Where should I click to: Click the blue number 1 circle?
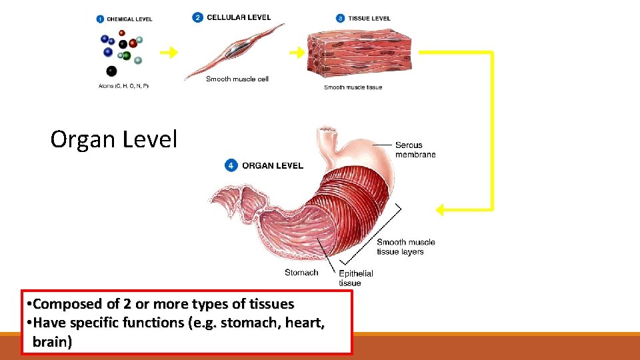(99, 19)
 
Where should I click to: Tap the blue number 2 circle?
(197, 17)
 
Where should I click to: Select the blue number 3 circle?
(341, 18)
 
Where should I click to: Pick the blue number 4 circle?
(231, 165)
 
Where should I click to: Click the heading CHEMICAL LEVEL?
(129, 19)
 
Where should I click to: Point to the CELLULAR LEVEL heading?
(239, 17)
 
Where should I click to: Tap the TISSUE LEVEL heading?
(369, 18)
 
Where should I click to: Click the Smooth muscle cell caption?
(237, 79)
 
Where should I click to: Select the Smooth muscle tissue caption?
(353, 87)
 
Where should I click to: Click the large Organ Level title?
(114, 139)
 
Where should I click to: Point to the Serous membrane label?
(415, 149)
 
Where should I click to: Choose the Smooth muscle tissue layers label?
(405, 247)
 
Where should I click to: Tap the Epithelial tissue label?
(355, 278)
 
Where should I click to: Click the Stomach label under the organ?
(301, 272)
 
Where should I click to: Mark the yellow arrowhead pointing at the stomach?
(441, 209)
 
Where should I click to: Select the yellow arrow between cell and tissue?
(295, 52)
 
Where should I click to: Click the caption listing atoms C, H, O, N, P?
(123, 86)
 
